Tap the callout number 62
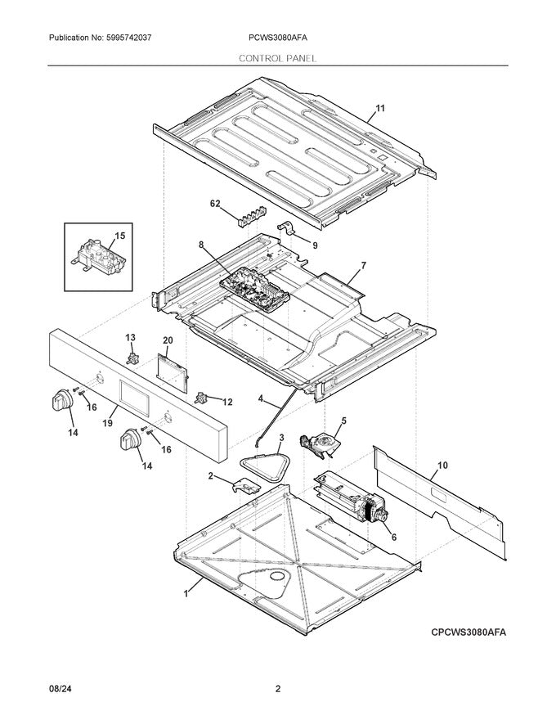point(216,205)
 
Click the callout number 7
point(363,266)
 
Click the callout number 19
point(107,423)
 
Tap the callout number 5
point(343,421)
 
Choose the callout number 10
point(442,466)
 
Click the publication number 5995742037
point(140,38)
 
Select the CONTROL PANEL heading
point(278,59)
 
